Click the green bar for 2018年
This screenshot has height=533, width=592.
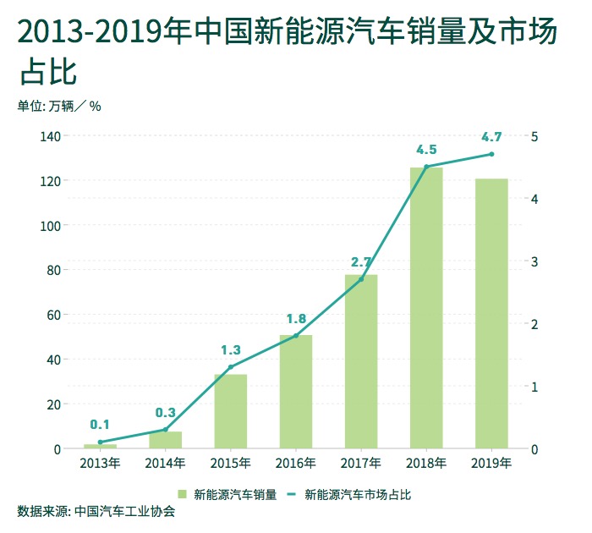point(426,308)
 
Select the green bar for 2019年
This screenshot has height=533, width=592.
point(491,313)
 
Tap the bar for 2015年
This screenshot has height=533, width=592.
point(230,411)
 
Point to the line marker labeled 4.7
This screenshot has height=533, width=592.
point(491,154)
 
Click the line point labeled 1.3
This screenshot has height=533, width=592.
point(230,367)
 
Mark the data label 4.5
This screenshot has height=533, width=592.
point(426,150)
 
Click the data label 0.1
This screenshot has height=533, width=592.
point(100,425)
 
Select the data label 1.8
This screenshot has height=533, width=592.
point(296,319)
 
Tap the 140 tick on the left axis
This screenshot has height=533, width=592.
point(49,136)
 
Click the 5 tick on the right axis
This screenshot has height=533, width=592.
point(534,136)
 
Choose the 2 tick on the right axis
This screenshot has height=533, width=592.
point(534,324)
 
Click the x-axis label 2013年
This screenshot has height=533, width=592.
point(100,464)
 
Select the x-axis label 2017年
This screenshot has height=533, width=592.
point(361,464)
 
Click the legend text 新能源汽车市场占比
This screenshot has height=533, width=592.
point(357,494)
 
